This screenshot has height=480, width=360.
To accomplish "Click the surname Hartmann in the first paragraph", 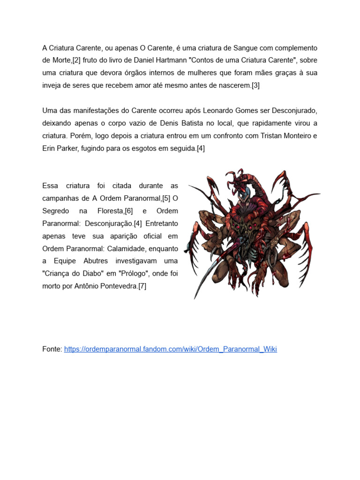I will tap(173, 60).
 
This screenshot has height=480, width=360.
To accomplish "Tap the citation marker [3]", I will tap(255, 85).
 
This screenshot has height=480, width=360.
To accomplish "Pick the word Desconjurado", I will tap(295, 111).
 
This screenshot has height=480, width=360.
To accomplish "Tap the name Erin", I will tap(50, 149).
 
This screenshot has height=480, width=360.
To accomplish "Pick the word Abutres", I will tap(94, 261).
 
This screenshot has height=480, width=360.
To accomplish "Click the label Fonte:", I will tap(52, 349).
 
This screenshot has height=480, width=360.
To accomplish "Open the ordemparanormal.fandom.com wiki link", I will tap(170, 349).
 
